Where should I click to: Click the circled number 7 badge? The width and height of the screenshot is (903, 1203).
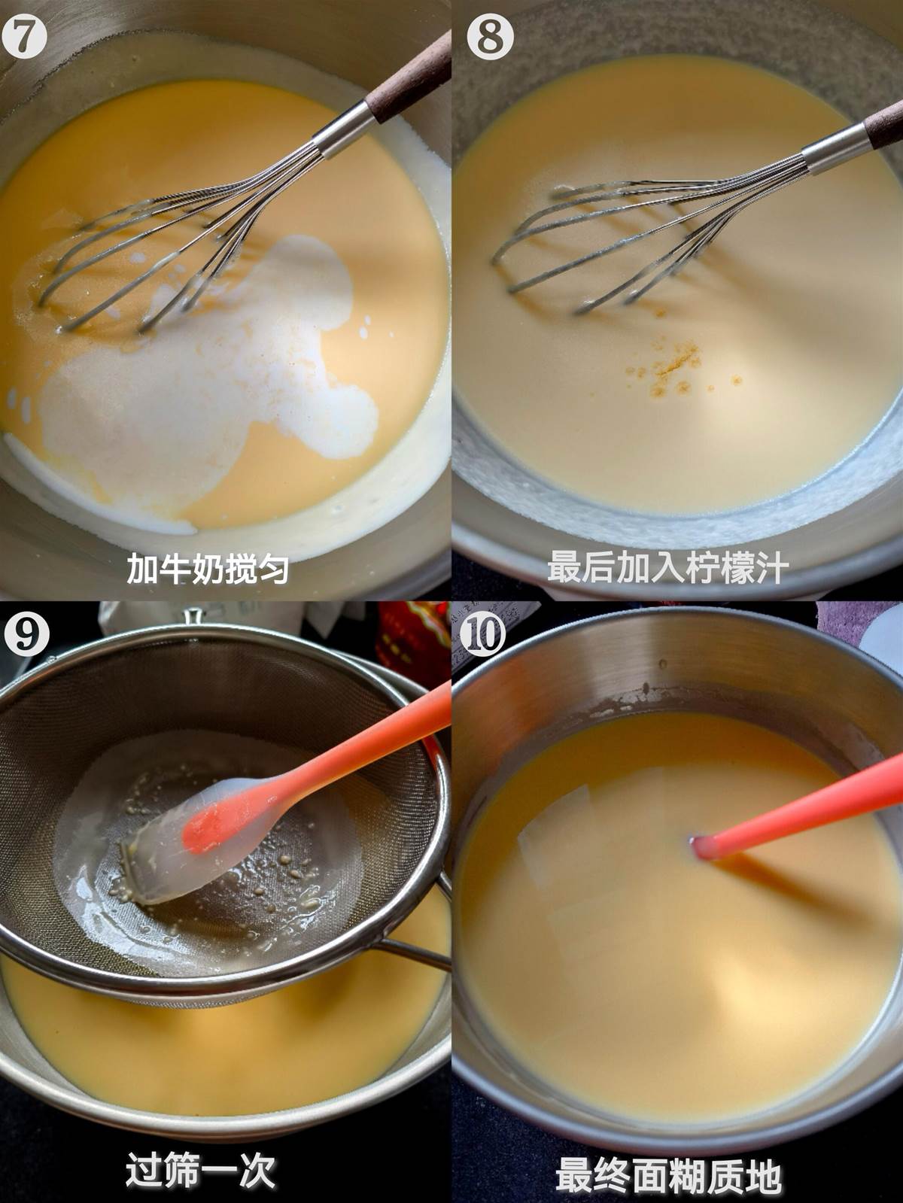24,38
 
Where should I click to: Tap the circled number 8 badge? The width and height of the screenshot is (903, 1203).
491,38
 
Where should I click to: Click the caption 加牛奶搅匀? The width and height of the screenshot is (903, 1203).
208,568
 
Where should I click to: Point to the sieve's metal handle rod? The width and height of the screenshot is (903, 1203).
415,955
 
